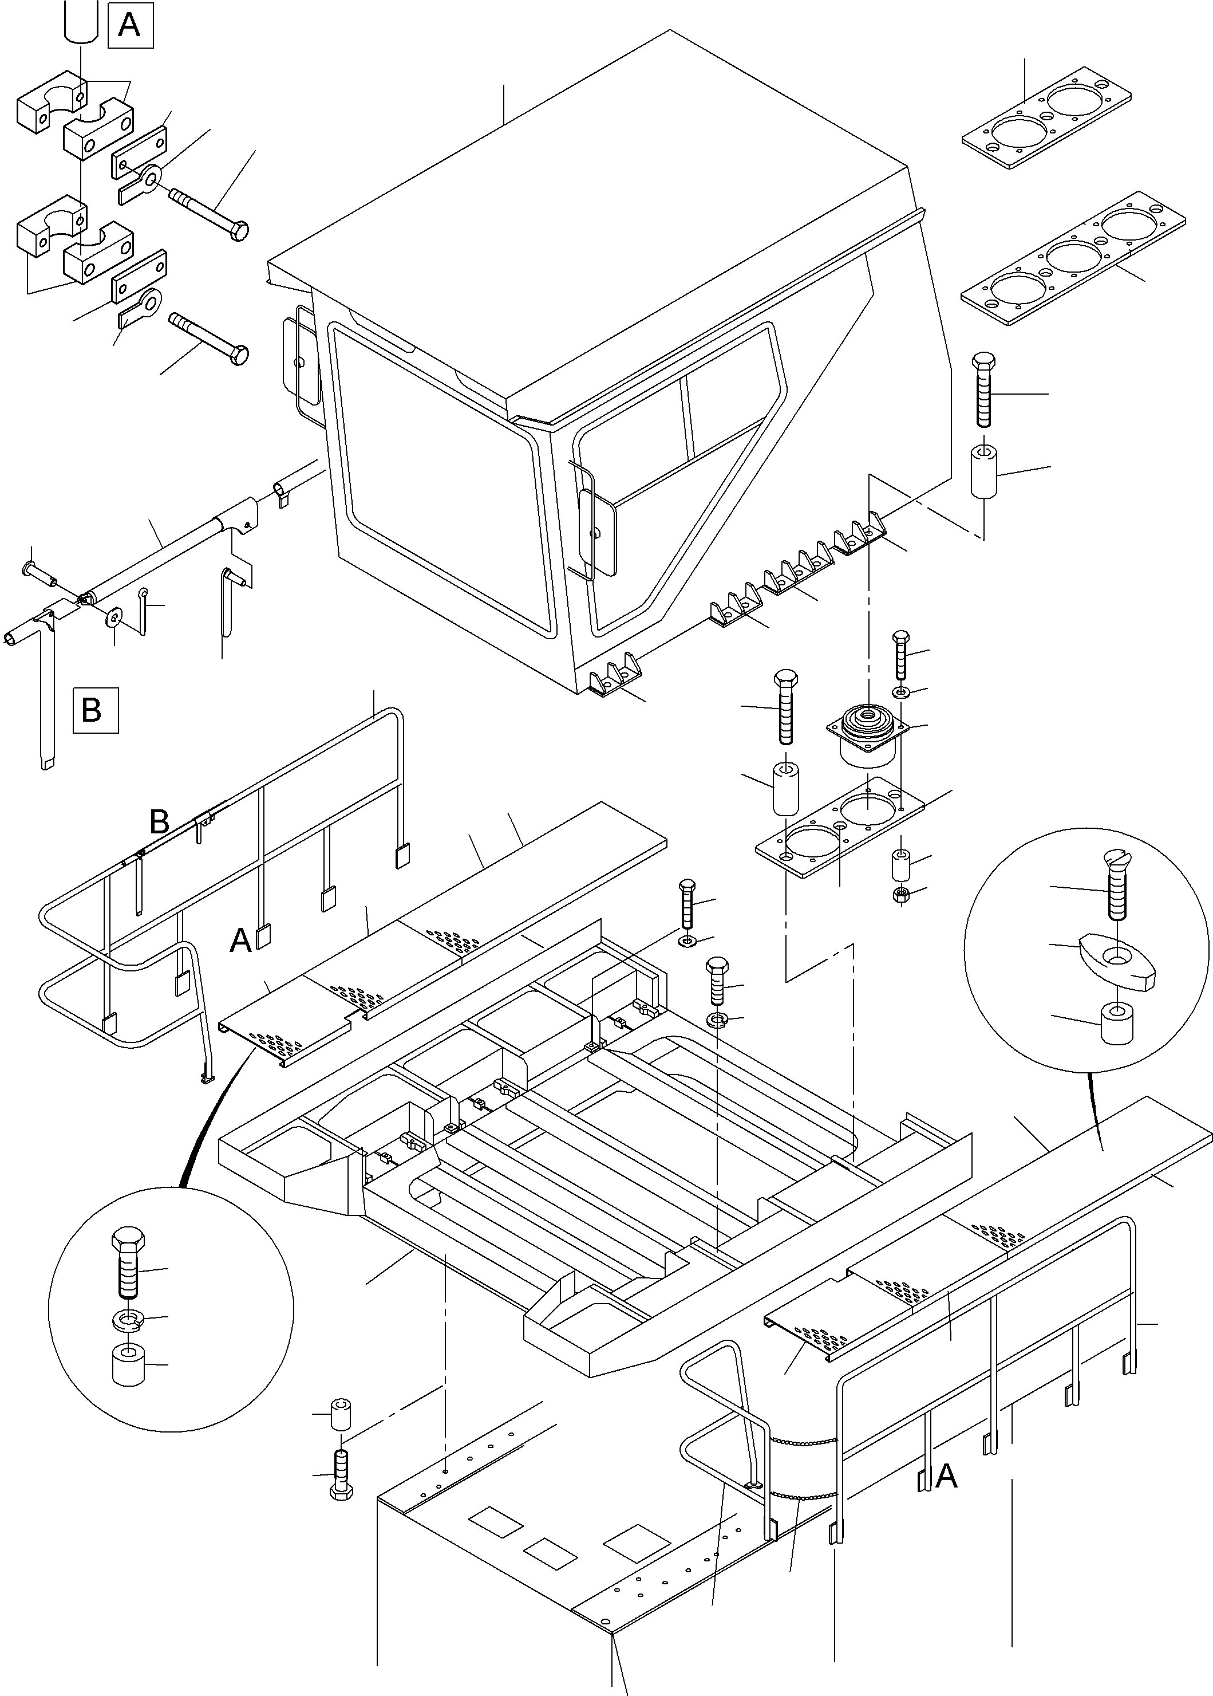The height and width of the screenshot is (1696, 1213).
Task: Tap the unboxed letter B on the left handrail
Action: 160,822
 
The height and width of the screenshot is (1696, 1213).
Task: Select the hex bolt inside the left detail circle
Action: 128,1265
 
